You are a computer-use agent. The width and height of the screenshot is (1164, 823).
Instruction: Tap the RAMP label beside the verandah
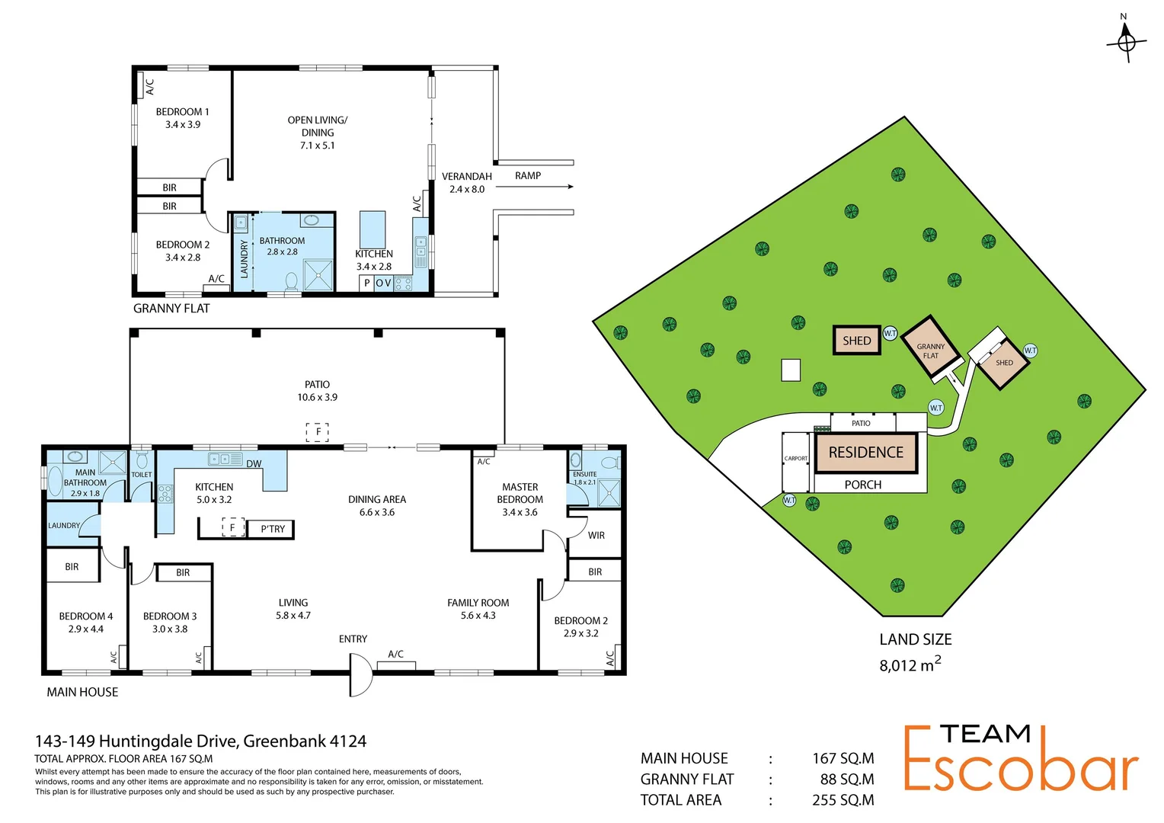(x=527, y=176)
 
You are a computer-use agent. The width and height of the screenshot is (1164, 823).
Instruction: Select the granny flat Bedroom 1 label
(x=182, y=112)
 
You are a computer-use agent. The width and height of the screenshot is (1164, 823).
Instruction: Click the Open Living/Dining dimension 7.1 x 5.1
(x=317, y=146)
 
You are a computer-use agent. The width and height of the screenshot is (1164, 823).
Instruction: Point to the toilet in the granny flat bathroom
(x=291, y=281)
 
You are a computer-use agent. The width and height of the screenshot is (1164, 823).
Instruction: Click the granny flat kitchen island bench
(x=373, y=229)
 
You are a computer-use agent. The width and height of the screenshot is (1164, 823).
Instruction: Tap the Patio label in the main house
(x=317, y=385)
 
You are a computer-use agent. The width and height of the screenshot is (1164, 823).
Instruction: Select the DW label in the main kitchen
(x=254, y=464)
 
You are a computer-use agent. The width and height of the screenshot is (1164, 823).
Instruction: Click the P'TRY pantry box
(x=272, y=529)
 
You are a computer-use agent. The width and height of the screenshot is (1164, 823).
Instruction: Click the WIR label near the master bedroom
(x=596, y=536)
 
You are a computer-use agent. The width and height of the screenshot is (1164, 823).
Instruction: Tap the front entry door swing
(x=360, y=675)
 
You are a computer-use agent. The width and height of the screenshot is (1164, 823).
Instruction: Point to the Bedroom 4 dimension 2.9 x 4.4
(x=85, y=629)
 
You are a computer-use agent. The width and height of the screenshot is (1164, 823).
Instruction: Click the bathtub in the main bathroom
(x=55, y=482)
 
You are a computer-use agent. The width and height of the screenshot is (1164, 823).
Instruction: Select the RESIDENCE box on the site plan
(x=865, y=453)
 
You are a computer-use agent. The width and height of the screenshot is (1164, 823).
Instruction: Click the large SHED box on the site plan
(x=856, y=341)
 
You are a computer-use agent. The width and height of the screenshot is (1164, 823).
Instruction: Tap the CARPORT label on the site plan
(x=795, y=459)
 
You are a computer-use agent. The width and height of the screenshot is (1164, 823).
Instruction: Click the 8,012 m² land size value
(x=910, y=664)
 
